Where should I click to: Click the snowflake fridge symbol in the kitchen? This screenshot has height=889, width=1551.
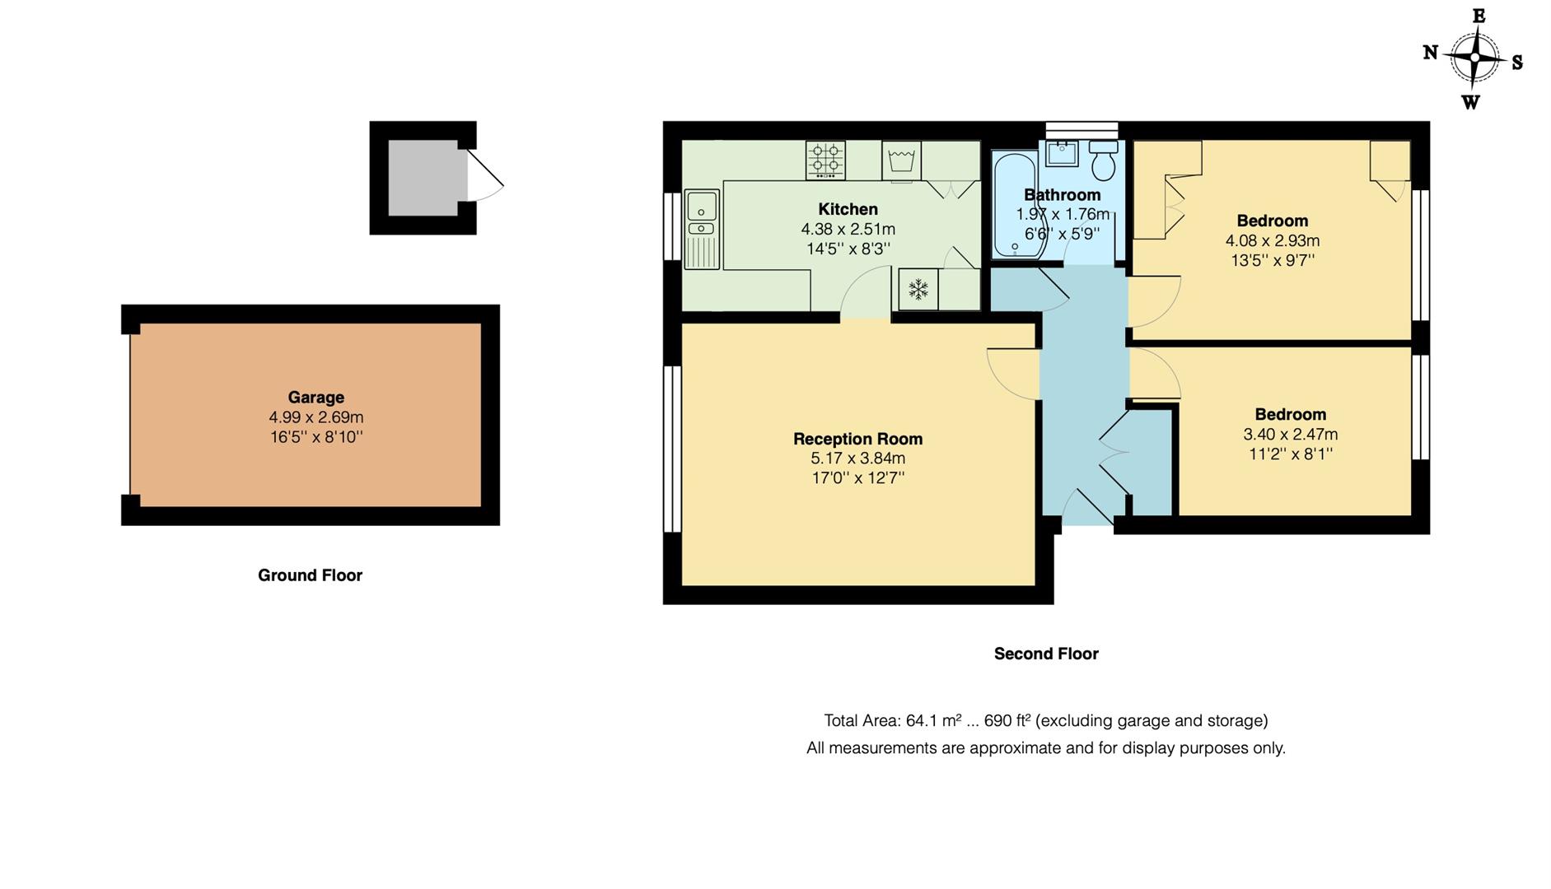[918, 289]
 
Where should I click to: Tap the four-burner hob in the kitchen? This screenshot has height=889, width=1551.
[825, 160]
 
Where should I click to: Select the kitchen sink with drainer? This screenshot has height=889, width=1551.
[702, 228]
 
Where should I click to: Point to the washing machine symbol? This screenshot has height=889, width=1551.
[901, 161]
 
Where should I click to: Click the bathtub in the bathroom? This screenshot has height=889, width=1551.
[1014, 203]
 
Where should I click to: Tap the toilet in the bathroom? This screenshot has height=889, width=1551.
[1103, 161]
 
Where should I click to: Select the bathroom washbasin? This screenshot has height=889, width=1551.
[1063, 152]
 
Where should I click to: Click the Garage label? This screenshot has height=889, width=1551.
[315, 397]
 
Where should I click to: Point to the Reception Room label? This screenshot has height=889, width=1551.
[857, 439]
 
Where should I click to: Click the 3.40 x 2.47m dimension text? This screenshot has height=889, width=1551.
[1290, 434]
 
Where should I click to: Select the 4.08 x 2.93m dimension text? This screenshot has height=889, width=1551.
[1272, 240]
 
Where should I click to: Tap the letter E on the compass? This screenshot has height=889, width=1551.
[1479, 16]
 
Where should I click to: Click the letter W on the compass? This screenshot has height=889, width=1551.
[1470, 102]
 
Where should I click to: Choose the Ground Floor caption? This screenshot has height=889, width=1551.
[310, 575]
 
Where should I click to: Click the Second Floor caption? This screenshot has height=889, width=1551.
[1045, 654]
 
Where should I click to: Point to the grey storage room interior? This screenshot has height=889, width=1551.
[423, 178]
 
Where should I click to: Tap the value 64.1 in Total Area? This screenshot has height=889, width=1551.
[921, 721]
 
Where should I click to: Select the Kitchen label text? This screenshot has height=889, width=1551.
[848, 209]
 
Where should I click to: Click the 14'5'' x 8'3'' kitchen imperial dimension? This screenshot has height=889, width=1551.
[848, 249]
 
